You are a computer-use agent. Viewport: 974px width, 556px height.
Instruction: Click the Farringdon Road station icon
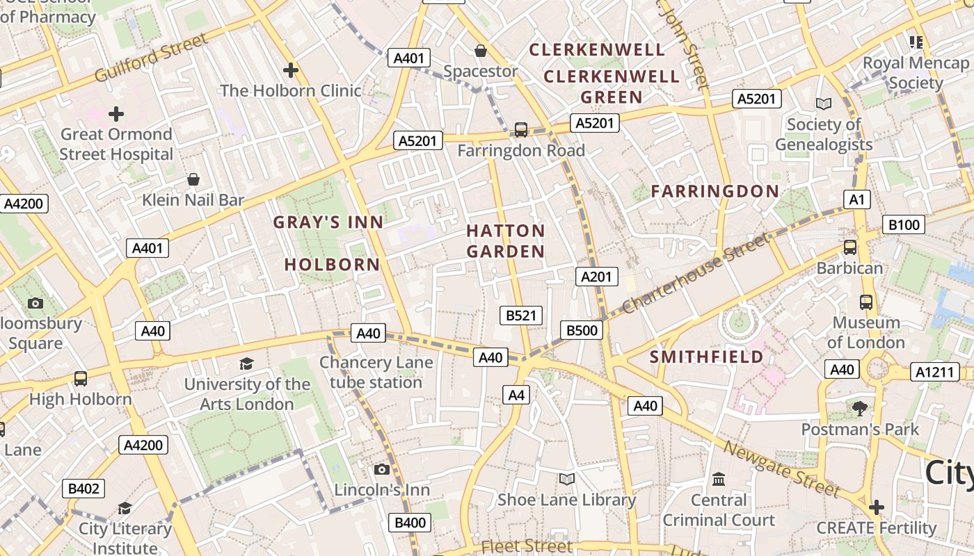[x=520, y=129]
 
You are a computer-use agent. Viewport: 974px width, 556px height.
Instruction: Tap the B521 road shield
[x=521, y=316]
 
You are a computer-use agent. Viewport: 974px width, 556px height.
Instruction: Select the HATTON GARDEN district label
[x=506, y=240]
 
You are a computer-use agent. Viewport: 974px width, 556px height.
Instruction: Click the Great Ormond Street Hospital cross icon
[x=116, y=113]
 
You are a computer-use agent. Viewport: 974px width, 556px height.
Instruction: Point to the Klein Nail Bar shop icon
[x=193, y=180]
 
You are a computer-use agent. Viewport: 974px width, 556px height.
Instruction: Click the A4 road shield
[x=516, y=395]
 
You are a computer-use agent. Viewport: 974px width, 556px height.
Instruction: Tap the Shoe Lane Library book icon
[x=567, y=479]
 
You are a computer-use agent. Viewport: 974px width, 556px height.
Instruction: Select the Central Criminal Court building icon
[x=719, y=480]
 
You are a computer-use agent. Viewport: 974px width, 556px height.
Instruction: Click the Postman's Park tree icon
[x=860, y=408]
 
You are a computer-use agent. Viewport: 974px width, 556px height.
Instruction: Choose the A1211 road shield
[x=934, y=372]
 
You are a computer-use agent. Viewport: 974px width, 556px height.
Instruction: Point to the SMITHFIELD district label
[x=706, y=357]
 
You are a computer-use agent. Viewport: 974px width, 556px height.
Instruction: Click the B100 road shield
[x=904, y=224]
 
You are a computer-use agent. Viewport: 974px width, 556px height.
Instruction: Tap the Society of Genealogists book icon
[x=824, y=104]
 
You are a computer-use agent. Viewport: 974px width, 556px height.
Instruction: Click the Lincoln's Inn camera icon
[x=381, y=469]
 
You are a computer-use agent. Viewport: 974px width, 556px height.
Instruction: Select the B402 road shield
[x=83, y=489]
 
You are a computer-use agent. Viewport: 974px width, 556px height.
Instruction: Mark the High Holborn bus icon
[x=81, y=379]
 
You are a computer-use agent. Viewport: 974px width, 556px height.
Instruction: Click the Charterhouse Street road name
[x=696, y=272]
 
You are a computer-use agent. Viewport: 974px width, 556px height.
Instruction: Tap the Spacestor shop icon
[x=480, y=51]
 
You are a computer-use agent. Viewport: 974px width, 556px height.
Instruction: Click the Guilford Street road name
[x=151, y=57]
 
